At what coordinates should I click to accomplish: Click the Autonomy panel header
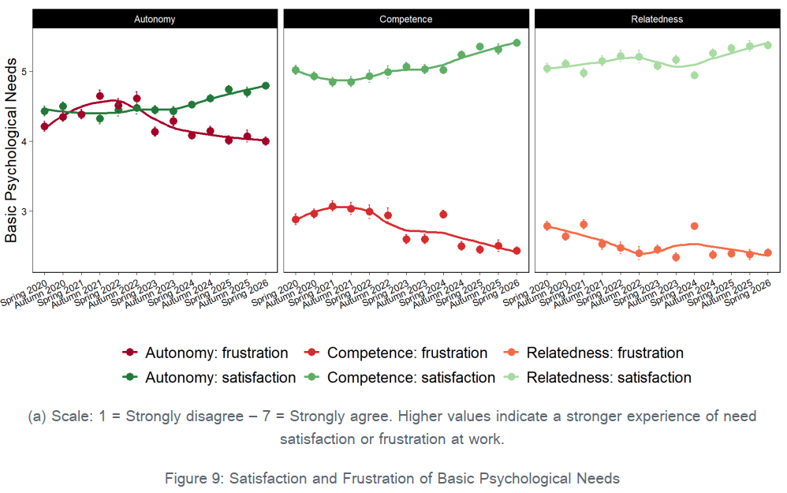(155, 19)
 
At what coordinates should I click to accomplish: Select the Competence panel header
(405, 19)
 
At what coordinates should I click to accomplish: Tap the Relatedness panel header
(657, 19)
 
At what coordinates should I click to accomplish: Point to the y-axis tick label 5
(24, 71)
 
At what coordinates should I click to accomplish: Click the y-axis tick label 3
(24, 211)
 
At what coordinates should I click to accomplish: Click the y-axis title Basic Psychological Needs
(11, 151)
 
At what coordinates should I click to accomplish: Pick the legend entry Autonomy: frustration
(205, 353)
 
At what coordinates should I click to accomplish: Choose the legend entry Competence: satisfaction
(400, 378)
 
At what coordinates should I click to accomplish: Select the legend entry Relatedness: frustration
(594, 353)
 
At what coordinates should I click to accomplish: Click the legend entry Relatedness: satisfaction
(598, 378)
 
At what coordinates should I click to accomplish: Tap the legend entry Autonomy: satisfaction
(209, 378)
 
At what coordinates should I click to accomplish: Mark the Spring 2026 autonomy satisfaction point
(266, 86)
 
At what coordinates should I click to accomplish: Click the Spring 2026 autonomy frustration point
(266, 141)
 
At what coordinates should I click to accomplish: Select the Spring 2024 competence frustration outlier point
(443, 215)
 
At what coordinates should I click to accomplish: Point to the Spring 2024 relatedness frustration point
(695, 226)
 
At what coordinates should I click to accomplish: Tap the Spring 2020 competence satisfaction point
(296, 70)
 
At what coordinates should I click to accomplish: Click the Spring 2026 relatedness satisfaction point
(768, 45)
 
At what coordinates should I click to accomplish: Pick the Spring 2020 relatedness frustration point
(547, 226)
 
